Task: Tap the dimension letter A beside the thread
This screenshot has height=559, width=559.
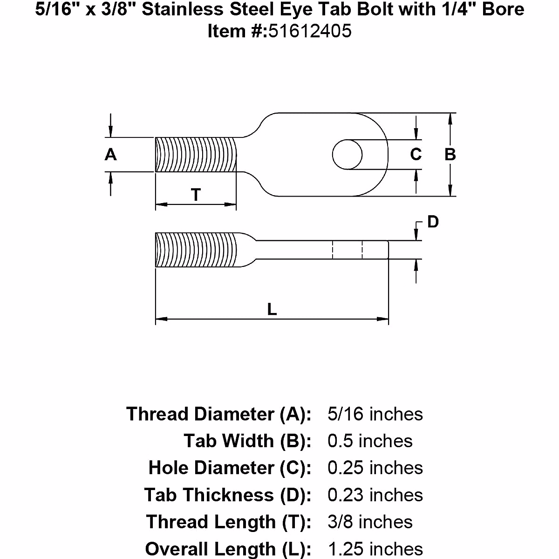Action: [x=110, y=154]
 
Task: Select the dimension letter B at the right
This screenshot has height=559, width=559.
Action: [x=450, y=154]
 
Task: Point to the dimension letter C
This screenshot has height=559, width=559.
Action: [x=416, y=154]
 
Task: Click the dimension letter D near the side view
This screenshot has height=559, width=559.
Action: [x=433, y=222]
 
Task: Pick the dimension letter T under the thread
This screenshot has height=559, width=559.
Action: [x=196, y=195]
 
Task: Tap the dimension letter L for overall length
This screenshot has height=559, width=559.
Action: [x=272, y=308]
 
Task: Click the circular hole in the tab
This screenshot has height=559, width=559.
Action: [x=347, y=154]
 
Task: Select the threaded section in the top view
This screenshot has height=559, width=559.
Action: [x=196, y=154]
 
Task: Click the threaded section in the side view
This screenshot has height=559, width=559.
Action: [x=196, y=250]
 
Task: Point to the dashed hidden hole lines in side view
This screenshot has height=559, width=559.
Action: [x=347, y=250]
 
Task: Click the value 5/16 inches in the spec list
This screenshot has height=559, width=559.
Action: [x=375, y=414]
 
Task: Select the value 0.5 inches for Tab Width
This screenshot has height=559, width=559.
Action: [x=370, y=441]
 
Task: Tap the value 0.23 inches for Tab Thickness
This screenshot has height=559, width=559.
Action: [x=375, y=495]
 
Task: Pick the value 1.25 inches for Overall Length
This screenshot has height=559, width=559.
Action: [x=375, y=549]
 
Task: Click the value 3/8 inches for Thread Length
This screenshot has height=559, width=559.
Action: [x=370, y=522]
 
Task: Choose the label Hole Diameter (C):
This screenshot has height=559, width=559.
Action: [x=230, y=468]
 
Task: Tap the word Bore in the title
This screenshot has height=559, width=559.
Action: [x=504, y=9]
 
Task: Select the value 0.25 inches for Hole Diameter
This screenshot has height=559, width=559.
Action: [x=375, y=468]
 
